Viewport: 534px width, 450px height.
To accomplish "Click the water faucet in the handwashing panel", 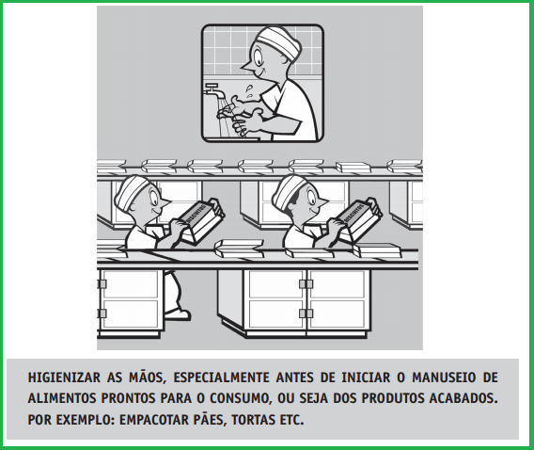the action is coord(213,89).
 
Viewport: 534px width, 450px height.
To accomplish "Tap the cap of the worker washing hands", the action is coord(280,42).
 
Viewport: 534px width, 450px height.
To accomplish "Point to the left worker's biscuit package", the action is coord(201,221).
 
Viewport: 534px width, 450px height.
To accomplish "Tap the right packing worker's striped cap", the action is coord(289,191).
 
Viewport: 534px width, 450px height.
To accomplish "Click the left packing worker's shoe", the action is coord(177,313).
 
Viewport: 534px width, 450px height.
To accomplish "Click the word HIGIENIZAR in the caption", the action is coord(64,378).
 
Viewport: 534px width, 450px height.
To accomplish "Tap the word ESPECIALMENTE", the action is coord(221,378).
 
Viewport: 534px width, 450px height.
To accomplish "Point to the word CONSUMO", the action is coord(241,398).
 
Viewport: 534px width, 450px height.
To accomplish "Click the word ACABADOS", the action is coord(463,398).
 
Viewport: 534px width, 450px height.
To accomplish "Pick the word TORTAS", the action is coord(253,420).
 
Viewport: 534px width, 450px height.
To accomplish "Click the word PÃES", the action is coord(210,419).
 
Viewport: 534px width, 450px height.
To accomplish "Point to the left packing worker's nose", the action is coord(165,202).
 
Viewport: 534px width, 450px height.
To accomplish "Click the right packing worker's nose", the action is coord(322,201).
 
